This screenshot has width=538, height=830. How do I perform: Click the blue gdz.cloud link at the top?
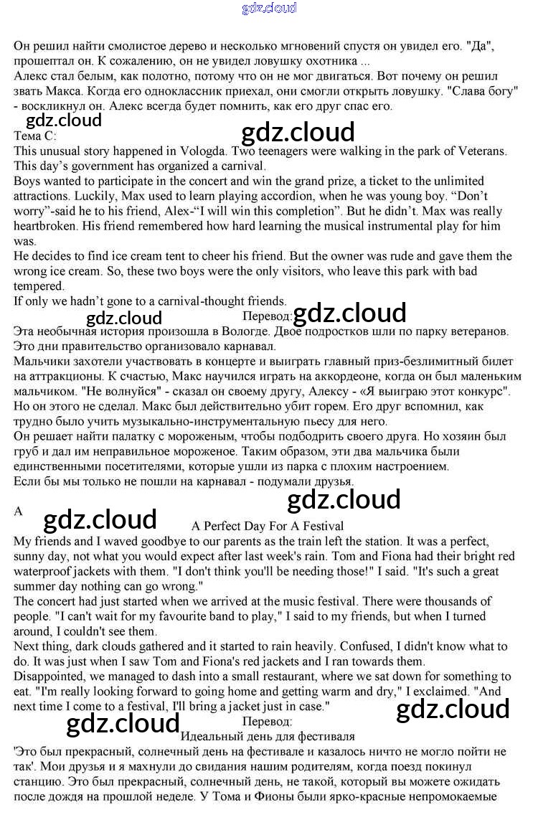pos(269,8)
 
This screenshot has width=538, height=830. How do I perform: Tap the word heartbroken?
pos(45,227)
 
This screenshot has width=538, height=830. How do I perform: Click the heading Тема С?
pos(34,135)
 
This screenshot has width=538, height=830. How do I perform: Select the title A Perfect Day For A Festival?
pos(268,526)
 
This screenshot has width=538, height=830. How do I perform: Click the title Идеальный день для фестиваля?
pos(268,736)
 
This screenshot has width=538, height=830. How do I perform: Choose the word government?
pos(95,166)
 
